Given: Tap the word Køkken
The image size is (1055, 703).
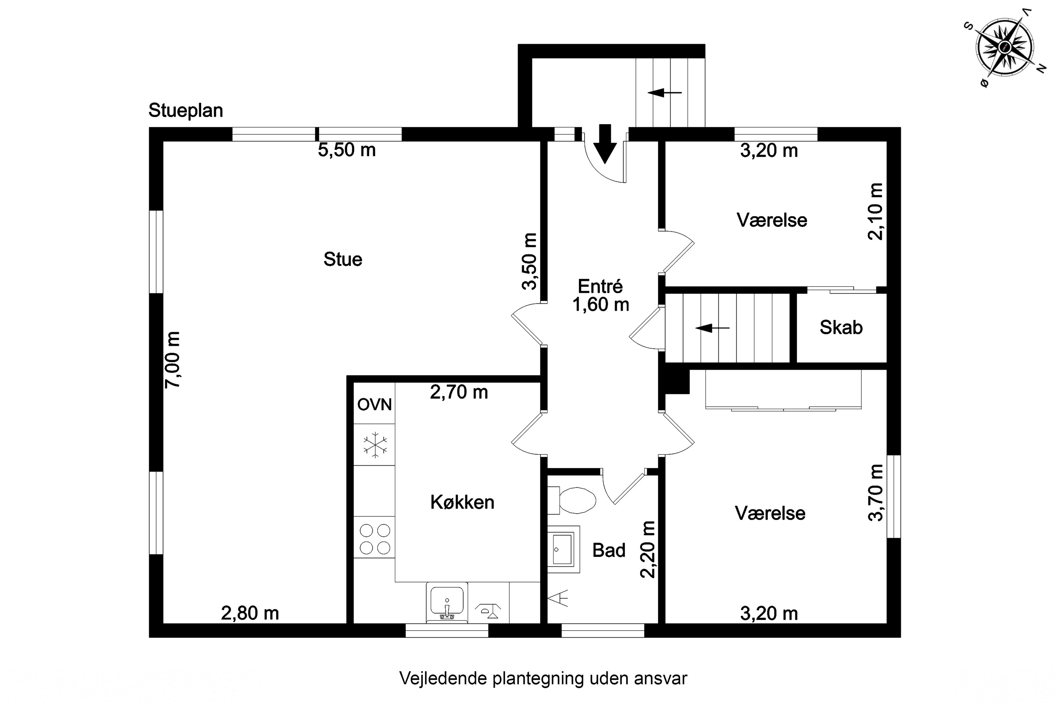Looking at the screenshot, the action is [462, 502].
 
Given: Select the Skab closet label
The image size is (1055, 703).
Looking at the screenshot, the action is [841, 327].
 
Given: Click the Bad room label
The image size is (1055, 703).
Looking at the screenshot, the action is [609, 550].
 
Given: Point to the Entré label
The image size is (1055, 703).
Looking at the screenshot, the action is [600, 286].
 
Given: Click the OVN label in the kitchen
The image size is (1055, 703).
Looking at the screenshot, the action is [375, 405].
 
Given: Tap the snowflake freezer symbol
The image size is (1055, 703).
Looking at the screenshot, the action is [375, 445].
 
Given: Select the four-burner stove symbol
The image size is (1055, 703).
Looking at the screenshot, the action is [375, 539].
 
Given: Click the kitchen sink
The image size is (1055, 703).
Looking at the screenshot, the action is [447, 602].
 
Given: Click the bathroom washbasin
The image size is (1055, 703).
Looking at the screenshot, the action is [563, 549].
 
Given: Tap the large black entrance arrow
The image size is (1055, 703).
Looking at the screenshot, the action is [605, 143].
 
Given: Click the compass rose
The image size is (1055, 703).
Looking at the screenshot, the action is [1005, 47].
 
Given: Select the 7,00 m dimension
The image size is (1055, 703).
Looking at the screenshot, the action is [172, 360].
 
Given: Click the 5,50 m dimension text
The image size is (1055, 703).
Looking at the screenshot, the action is [347, 150].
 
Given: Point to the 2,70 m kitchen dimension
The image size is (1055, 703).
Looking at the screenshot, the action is [459, 392].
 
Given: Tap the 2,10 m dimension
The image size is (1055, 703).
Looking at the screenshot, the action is [875, 212].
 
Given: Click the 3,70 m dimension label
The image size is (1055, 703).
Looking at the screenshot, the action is [876, 492].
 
